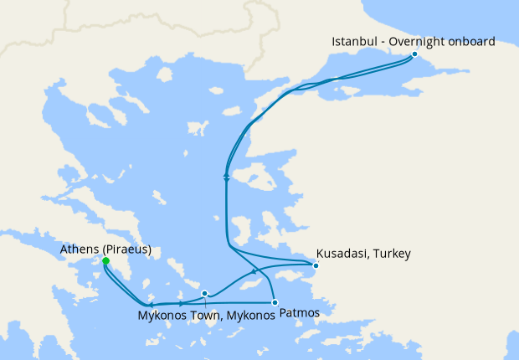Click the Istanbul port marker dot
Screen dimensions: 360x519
coord(414,54)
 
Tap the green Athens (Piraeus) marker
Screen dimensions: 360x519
coord(105,261)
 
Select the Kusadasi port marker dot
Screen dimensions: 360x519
coord(316,266)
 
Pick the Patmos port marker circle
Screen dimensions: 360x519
coord(275,302)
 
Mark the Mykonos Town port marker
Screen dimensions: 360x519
coord(205,294)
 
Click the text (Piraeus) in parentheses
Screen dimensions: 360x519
coord(126,249)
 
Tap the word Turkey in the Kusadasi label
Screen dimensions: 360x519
coord(391,254)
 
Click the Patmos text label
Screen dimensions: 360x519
coord(298,313)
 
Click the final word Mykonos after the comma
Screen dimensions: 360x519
coord(248,316)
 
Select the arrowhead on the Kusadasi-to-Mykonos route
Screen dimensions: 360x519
coord(254,272)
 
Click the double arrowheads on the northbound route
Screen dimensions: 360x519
coord(226,177)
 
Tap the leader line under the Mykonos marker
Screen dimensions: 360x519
coord(206,302)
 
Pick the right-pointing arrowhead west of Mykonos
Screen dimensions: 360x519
coord(181,303)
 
